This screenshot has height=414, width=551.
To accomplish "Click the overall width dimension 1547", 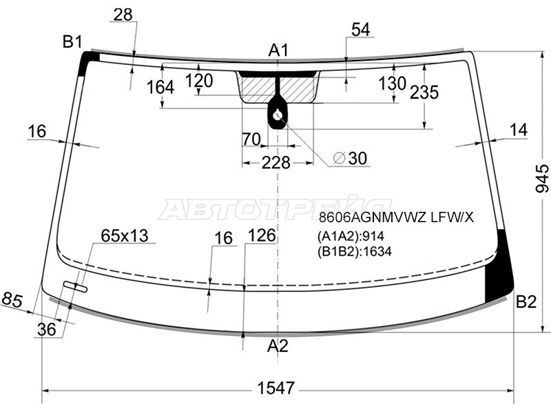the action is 275,388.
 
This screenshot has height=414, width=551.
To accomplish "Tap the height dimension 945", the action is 542,178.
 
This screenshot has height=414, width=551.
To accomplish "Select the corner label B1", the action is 72,41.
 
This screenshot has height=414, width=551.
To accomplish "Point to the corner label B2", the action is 526,302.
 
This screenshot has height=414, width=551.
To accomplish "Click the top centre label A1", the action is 278,50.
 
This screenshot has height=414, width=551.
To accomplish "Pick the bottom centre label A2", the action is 278,346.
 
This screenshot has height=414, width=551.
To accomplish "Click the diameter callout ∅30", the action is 350,159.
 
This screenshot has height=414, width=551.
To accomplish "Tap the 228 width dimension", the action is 276,163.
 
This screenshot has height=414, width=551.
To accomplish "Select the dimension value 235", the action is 424,92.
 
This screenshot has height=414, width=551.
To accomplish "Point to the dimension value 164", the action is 160,88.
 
